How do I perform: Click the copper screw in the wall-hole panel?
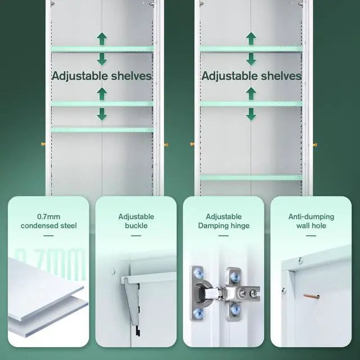coord(311,296)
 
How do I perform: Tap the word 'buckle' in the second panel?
coord(136,226)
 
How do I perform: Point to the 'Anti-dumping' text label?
coord(311,217)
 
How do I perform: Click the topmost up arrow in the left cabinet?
coord(102,39)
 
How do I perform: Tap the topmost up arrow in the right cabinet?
coord(251,38)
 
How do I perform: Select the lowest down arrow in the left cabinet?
coord(102,114)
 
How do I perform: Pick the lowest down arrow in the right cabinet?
coord(251,114)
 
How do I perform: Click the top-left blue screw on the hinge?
coord(197,273)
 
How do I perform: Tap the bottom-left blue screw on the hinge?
coord(197,312)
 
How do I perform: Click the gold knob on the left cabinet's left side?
coord(43,145)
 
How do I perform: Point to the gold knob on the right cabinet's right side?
coord(315,145)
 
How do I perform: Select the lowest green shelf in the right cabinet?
coord(251,177)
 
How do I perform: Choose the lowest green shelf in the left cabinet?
coord(102,129)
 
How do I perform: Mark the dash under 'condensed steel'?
coord(48,236)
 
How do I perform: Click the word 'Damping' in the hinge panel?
coord(211,226)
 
